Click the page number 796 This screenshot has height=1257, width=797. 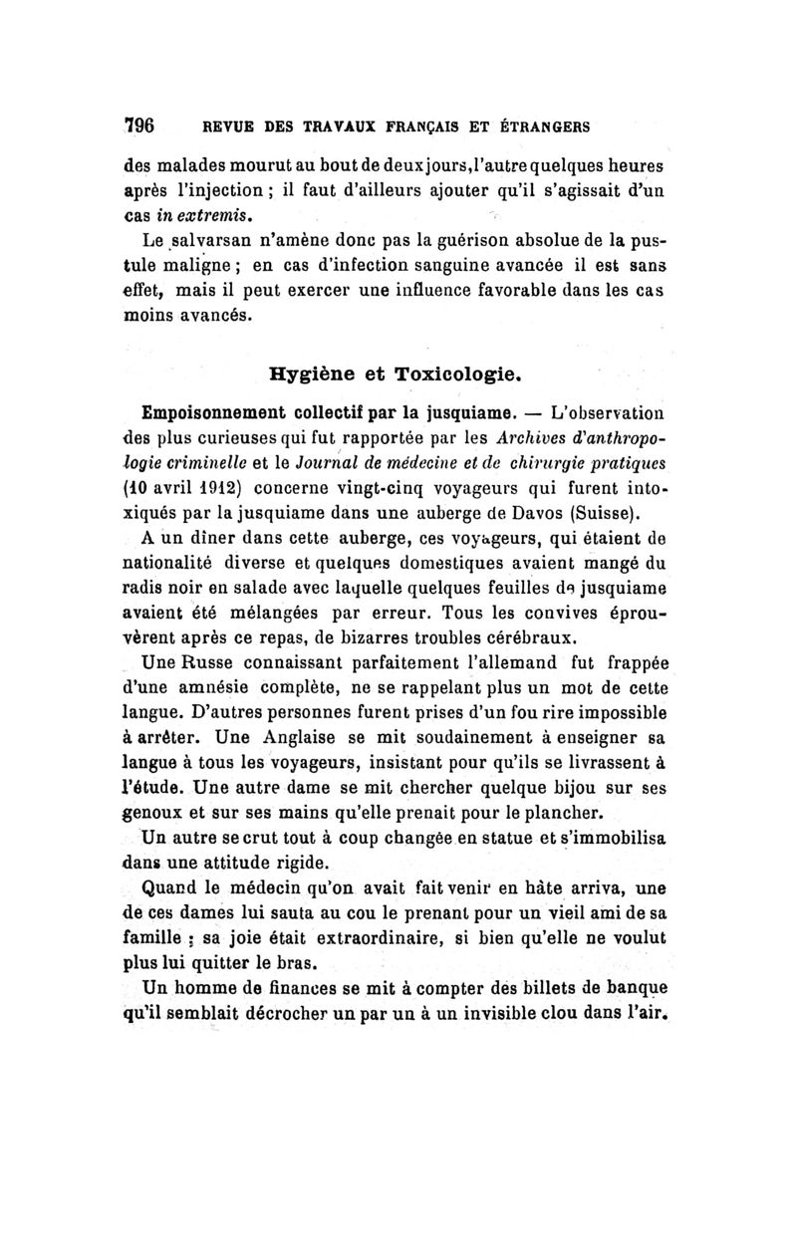(138, 126)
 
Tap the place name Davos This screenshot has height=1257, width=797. (538, 514)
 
